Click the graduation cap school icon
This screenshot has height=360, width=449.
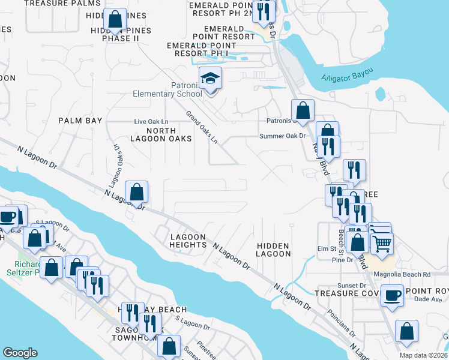[211, 79]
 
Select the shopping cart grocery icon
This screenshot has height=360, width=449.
[381, 242]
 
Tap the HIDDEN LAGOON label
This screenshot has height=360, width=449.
[273, 250]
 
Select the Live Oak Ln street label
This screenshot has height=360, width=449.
[151, 122]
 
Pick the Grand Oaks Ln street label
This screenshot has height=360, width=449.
[201, 127]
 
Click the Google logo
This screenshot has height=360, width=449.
[20, 353]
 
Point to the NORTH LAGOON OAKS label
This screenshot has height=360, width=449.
[161, 134]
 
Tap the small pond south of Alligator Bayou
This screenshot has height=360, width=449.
[379, 94]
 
